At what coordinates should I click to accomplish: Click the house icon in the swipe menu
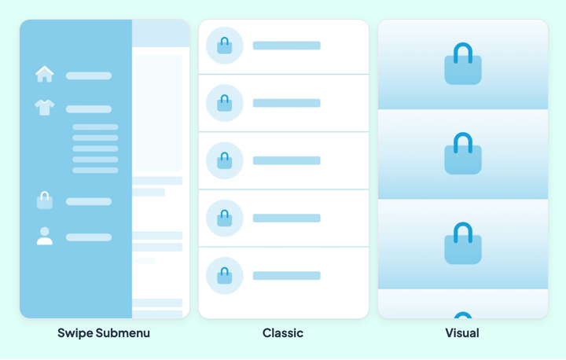[x=44, y=74]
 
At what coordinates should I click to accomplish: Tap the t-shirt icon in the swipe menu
[x=44, y=107]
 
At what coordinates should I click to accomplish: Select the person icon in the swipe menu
[x=44, y=236]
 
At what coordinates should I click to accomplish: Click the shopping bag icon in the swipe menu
[x=44, y=200]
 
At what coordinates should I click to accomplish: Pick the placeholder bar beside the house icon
[x=88, y=75]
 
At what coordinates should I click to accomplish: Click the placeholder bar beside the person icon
[x=88, y=237]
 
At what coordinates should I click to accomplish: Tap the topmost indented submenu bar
[x=95, y=127]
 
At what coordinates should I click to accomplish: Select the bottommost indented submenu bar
[x=95, y=171]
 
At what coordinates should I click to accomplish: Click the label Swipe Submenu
[x=104, y=333]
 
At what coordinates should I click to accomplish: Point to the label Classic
[x=283, y=333]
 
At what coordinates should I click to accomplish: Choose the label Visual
[x=462, y=333]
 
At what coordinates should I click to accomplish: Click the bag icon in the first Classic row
[x=225, y=46]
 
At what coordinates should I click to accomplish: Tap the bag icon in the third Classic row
[x=225, y=161]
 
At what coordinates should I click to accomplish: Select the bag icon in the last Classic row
[x=225, y=276]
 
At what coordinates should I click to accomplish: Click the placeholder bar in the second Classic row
[x=287, y=103]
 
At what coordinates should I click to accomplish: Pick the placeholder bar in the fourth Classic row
[x=287, y=218]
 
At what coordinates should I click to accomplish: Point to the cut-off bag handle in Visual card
[x=463, y=314]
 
